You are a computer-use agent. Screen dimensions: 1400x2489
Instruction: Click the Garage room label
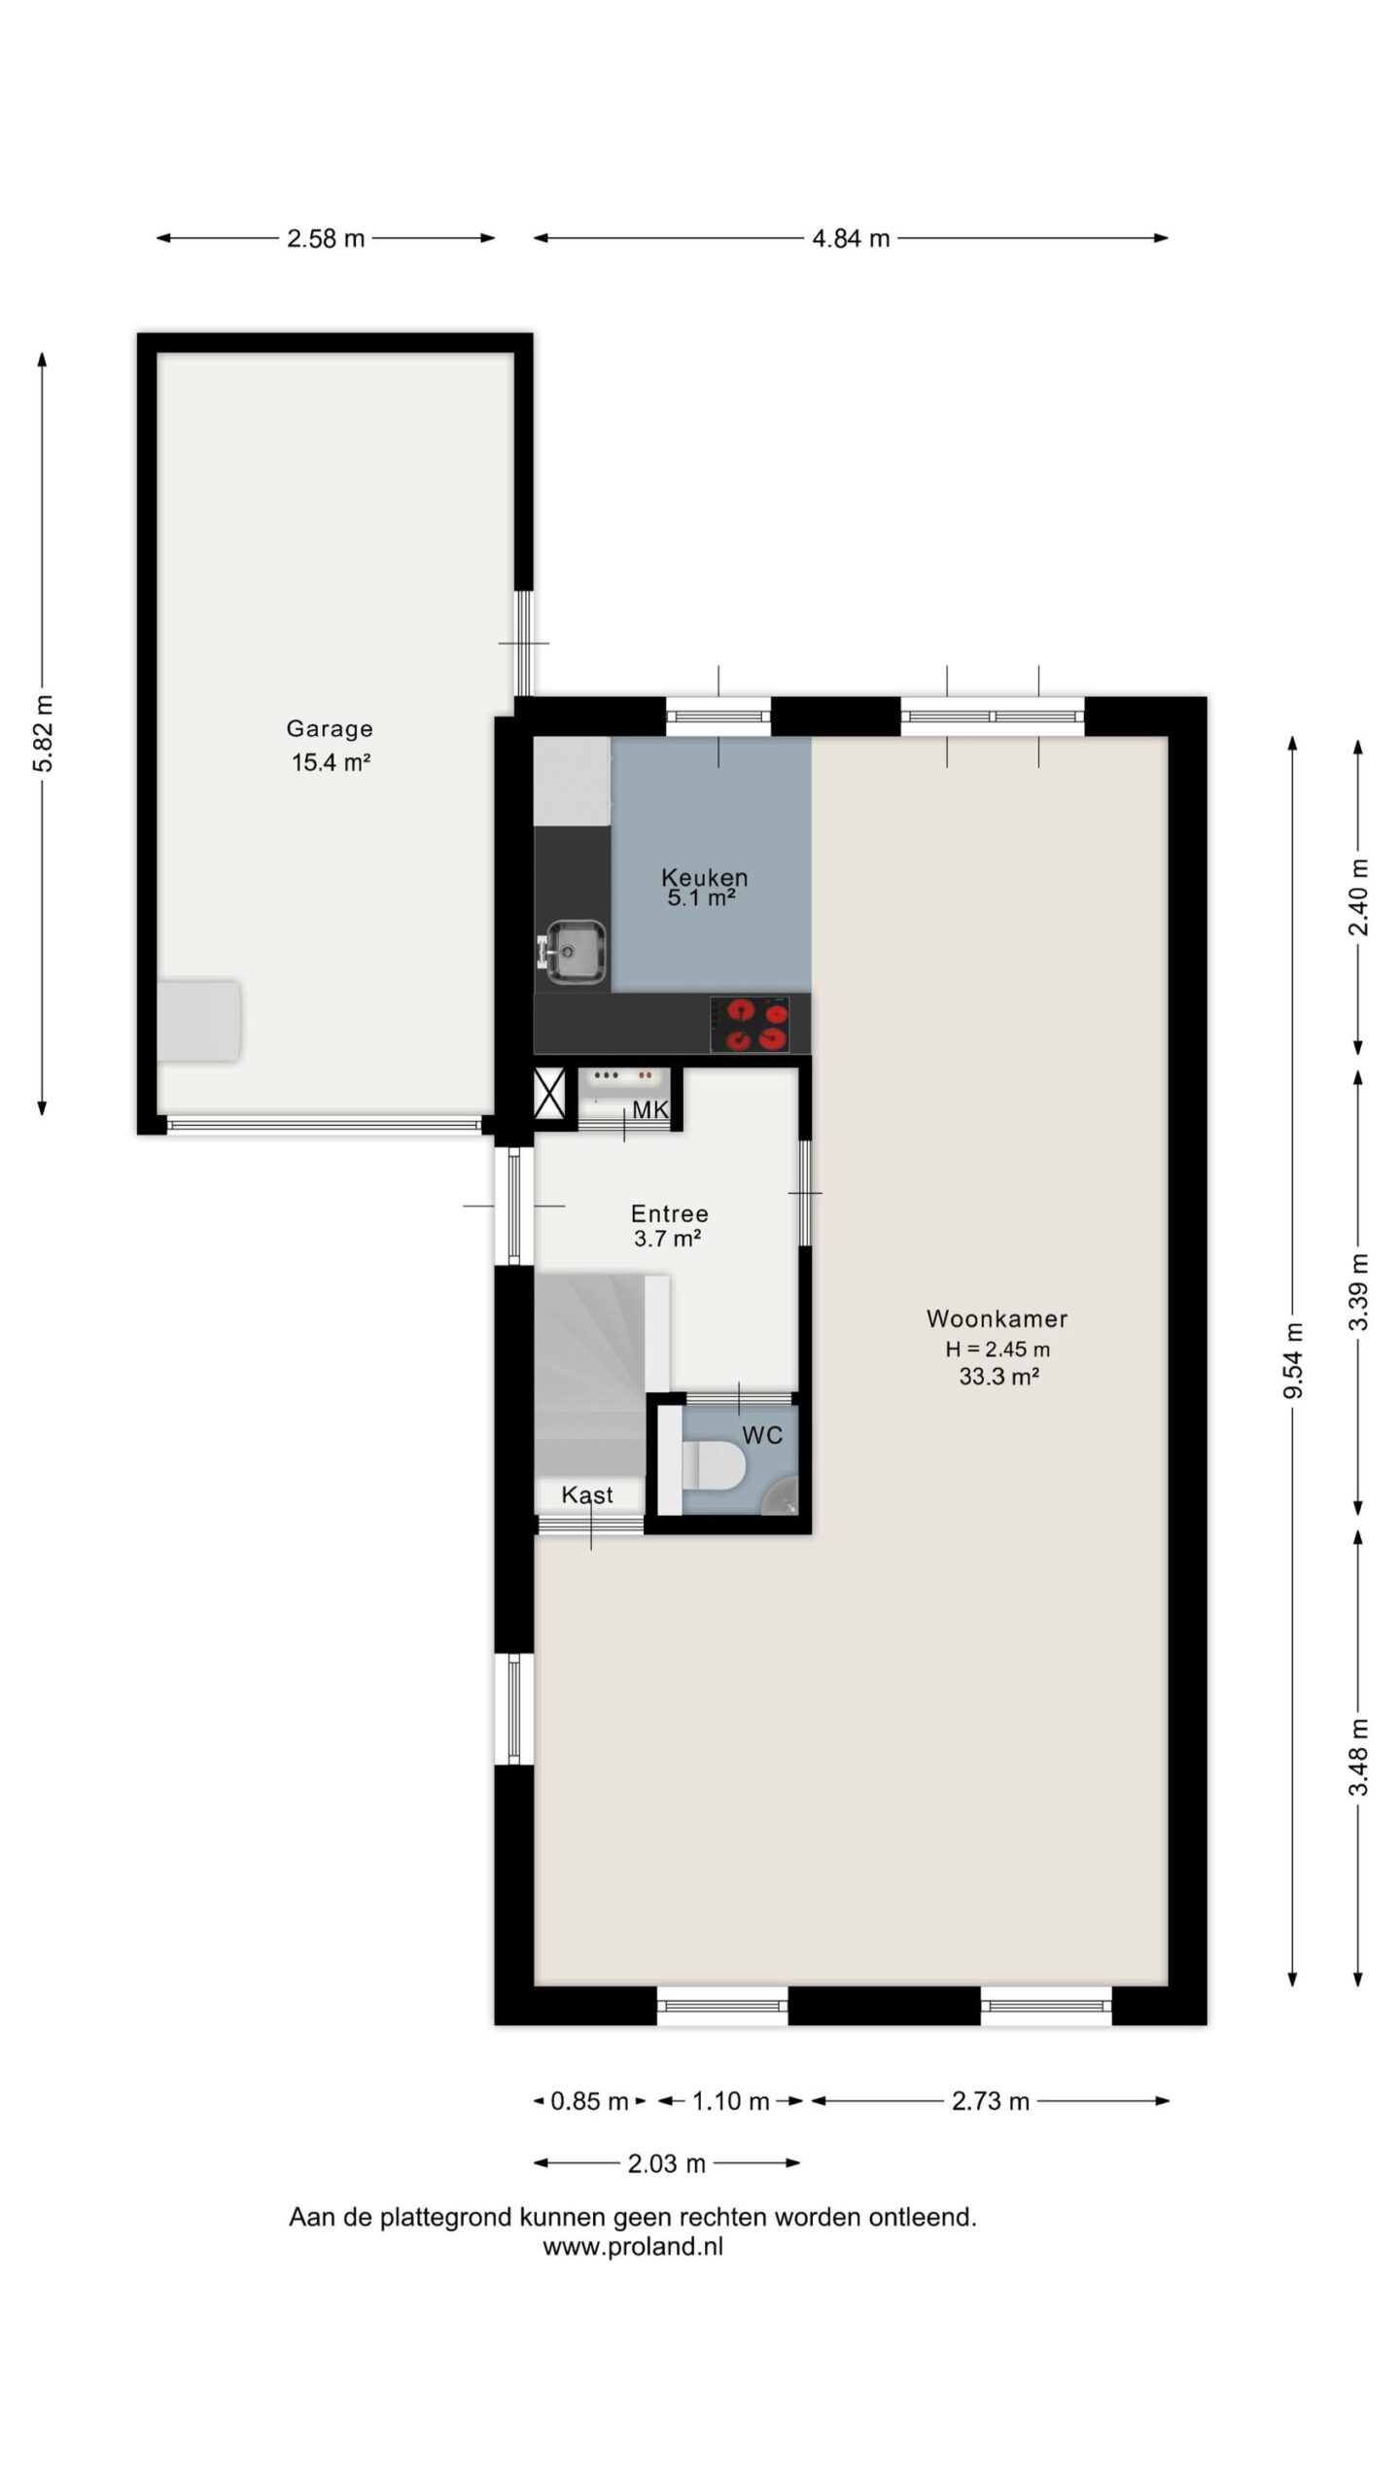point(330,728)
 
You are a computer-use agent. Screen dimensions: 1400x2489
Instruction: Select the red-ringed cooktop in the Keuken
point(749,1024)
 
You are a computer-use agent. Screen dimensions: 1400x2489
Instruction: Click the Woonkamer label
point(997,1318)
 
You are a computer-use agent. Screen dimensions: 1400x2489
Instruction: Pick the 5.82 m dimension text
point(43,733)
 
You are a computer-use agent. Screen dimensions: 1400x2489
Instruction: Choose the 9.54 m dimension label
point(1292,1360)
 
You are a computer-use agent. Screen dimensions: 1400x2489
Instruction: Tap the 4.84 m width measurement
point(851,238)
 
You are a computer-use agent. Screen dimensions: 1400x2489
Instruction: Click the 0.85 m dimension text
point(589,2101)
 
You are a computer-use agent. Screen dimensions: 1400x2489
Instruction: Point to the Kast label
point(587,1494)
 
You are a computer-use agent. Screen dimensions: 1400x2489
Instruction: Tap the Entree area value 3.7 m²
point(668,1238)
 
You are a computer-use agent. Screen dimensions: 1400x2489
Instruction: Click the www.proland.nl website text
point(633,2246)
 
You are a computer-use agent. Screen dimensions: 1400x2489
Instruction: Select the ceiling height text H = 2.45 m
point(997,1349)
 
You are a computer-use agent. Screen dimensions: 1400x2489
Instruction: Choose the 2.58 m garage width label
point(326,238)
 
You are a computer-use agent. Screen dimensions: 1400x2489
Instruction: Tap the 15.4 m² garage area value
point(331,762)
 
